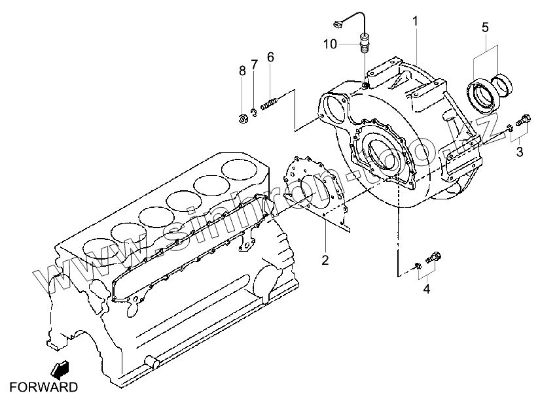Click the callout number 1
[415, 22]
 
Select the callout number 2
[325, 260]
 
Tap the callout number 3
[520, 152]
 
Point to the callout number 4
[426, 288]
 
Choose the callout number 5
[485, 27]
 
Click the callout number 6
[270, 57]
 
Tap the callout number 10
[330, 44]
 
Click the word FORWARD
[43, 387]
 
